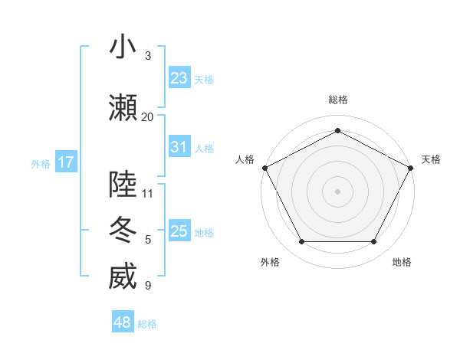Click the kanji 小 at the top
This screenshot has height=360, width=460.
point(123,47)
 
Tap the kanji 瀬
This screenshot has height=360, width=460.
point(123,107)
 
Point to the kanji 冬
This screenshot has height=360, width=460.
point(123,231)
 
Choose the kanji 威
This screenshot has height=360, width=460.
point(123,277)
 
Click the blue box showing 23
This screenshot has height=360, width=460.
point(179,78)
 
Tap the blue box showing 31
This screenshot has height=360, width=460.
point(179,147)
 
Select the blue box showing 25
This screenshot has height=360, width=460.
point(179,231)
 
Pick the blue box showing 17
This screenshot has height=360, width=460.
point(66,162)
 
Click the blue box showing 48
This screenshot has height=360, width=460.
point(123,322)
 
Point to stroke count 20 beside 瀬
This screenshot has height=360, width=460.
point(147,116)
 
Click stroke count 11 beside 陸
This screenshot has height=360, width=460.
point(147,193)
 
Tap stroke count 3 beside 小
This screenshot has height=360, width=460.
point(147,56)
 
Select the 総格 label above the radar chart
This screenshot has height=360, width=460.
point(337,100)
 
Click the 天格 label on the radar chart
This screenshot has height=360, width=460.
point(431,159)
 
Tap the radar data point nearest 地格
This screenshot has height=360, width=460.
point(373,242)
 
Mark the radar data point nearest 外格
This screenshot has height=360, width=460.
point(301,242)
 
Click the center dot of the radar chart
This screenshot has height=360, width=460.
point(337,191)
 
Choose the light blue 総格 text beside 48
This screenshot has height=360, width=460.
point(147,324)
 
